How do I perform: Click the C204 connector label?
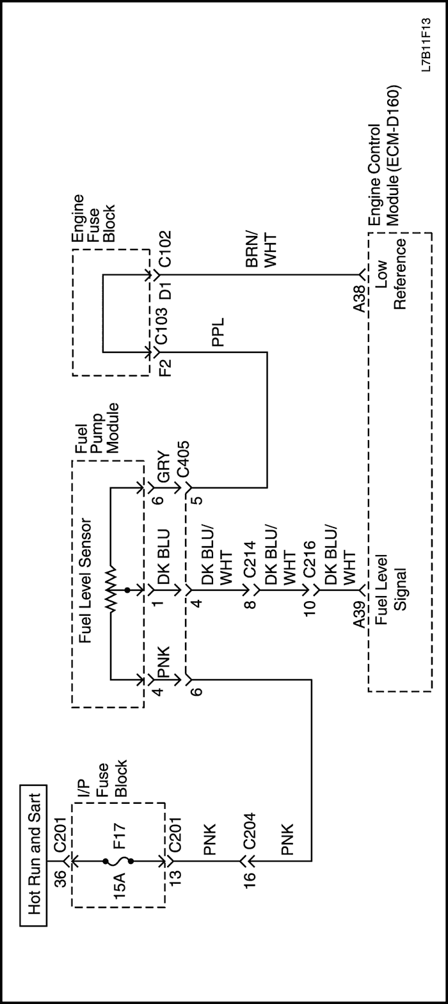(247, 833)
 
